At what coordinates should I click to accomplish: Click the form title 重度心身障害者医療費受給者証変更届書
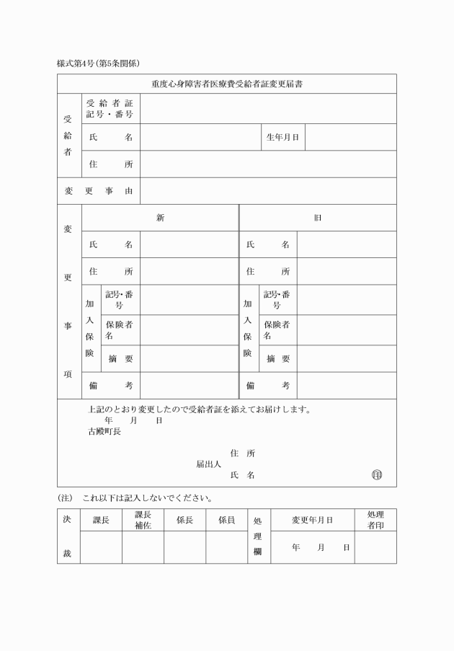click(226, 84)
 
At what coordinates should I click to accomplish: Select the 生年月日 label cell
click(282, 137)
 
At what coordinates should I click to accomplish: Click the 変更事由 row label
click(98, 191)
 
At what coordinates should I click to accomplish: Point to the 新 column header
click(160, 218)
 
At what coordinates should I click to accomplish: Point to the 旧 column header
click(317, 218)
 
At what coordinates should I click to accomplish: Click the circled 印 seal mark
click(377, 475)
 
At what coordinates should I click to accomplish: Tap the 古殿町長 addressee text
click(104, 432)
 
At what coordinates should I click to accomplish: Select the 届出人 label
click(209, 464)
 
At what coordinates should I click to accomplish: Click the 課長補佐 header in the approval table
click(143, 520)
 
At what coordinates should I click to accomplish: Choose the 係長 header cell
click(184, 520)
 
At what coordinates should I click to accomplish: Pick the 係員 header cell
click(226, 520)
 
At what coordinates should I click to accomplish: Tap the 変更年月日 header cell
click(312, 520)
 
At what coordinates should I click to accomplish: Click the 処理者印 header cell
click(375, 520)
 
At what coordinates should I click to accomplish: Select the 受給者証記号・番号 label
click(110, 109)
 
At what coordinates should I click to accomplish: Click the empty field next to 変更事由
click(268, 191)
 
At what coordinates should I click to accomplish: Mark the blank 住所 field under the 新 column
click(189, 272)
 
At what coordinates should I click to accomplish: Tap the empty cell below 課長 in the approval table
click(101, 548)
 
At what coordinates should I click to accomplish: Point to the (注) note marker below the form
click(66, 498)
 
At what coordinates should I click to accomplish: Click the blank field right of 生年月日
click(350, 137)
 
